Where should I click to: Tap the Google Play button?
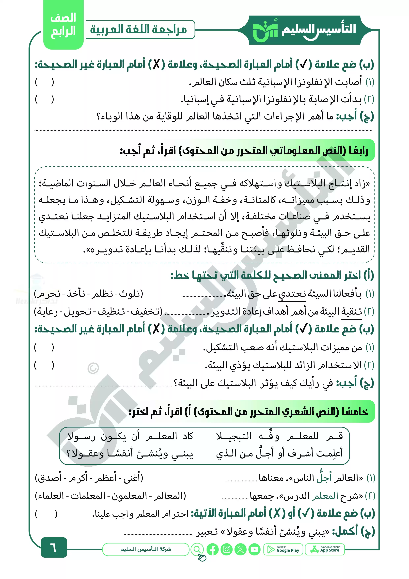[283, 549]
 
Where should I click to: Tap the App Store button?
[325, 549]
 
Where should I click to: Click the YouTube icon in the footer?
[254, 549]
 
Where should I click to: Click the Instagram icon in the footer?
[227, 549]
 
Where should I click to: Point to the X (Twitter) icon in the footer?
[240, 549]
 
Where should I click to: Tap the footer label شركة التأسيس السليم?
[146, 549]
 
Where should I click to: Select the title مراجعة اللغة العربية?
[138, 30]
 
